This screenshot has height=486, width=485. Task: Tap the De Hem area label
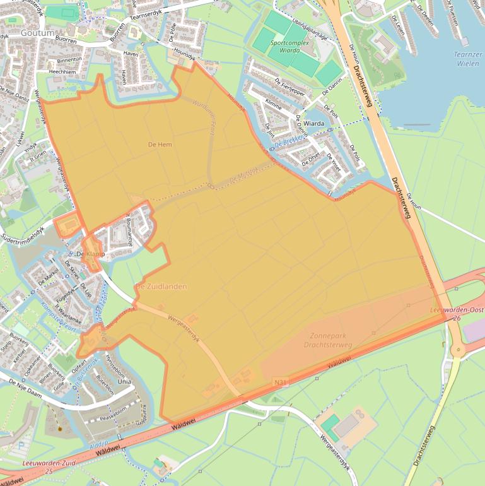160,145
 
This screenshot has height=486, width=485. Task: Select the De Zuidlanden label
161,287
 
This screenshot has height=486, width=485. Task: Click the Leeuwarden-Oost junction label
455,311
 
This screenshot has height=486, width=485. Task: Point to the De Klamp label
90,254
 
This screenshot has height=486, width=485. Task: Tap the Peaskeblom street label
114,408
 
